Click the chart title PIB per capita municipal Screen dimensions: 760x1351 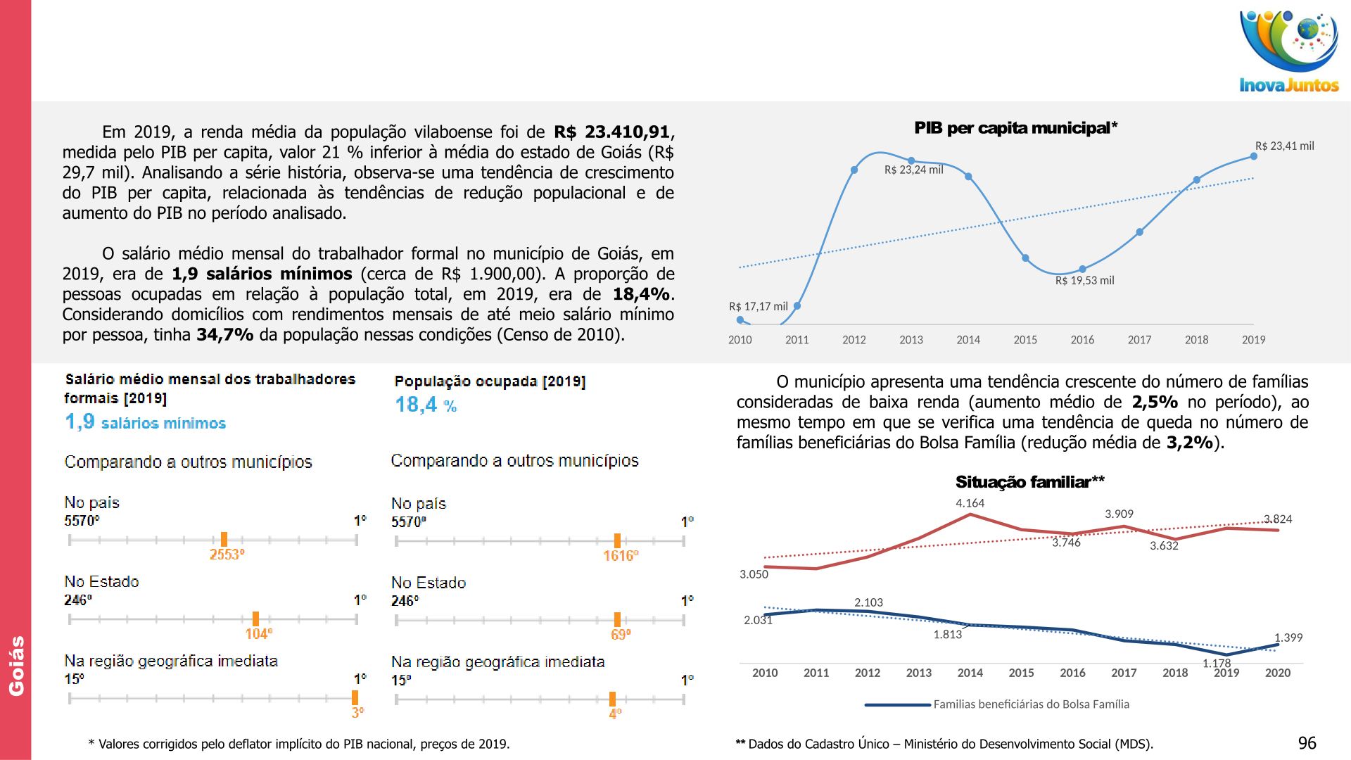[1015, 128]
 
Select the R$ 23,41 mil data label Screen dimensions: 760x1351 [1284, 146]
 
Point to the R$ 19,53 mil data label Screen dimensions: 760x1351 [1084, 281]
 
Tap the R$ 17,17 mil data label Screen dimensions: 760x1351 [758, 307]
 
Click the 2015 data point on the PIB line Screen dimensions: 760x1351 [1025, 258]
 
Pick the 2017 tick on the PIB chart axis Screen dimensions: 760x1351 [1139, 340]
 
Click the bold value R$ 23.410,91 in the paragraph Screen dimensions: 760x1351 [611, 132]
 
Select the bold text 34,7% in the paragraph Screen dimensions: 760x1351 [224, 335]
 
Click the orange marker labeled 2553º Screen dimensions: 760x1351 [224, 540]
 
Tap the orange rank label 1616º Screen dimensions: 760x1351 [621, 556]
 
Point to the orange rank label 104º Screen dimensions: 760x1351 [258, 634]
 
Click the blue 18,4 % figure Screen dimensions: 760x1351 [426, 405]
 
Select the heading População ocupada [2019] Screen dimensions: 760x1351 [490, 381]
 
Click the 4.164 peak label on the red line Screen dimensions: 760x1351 [970, 503]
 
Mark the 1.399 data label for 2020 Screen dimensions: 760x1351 [1288, 638]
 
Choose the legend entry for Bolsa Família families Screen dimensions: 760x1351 [1031, 704]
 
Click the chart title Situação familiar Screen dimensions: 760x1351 [1029, 482]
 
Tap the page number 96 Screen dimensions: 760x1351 [1307, 743]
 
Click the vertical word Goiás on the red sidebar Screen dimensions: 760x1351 [16, 666]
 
